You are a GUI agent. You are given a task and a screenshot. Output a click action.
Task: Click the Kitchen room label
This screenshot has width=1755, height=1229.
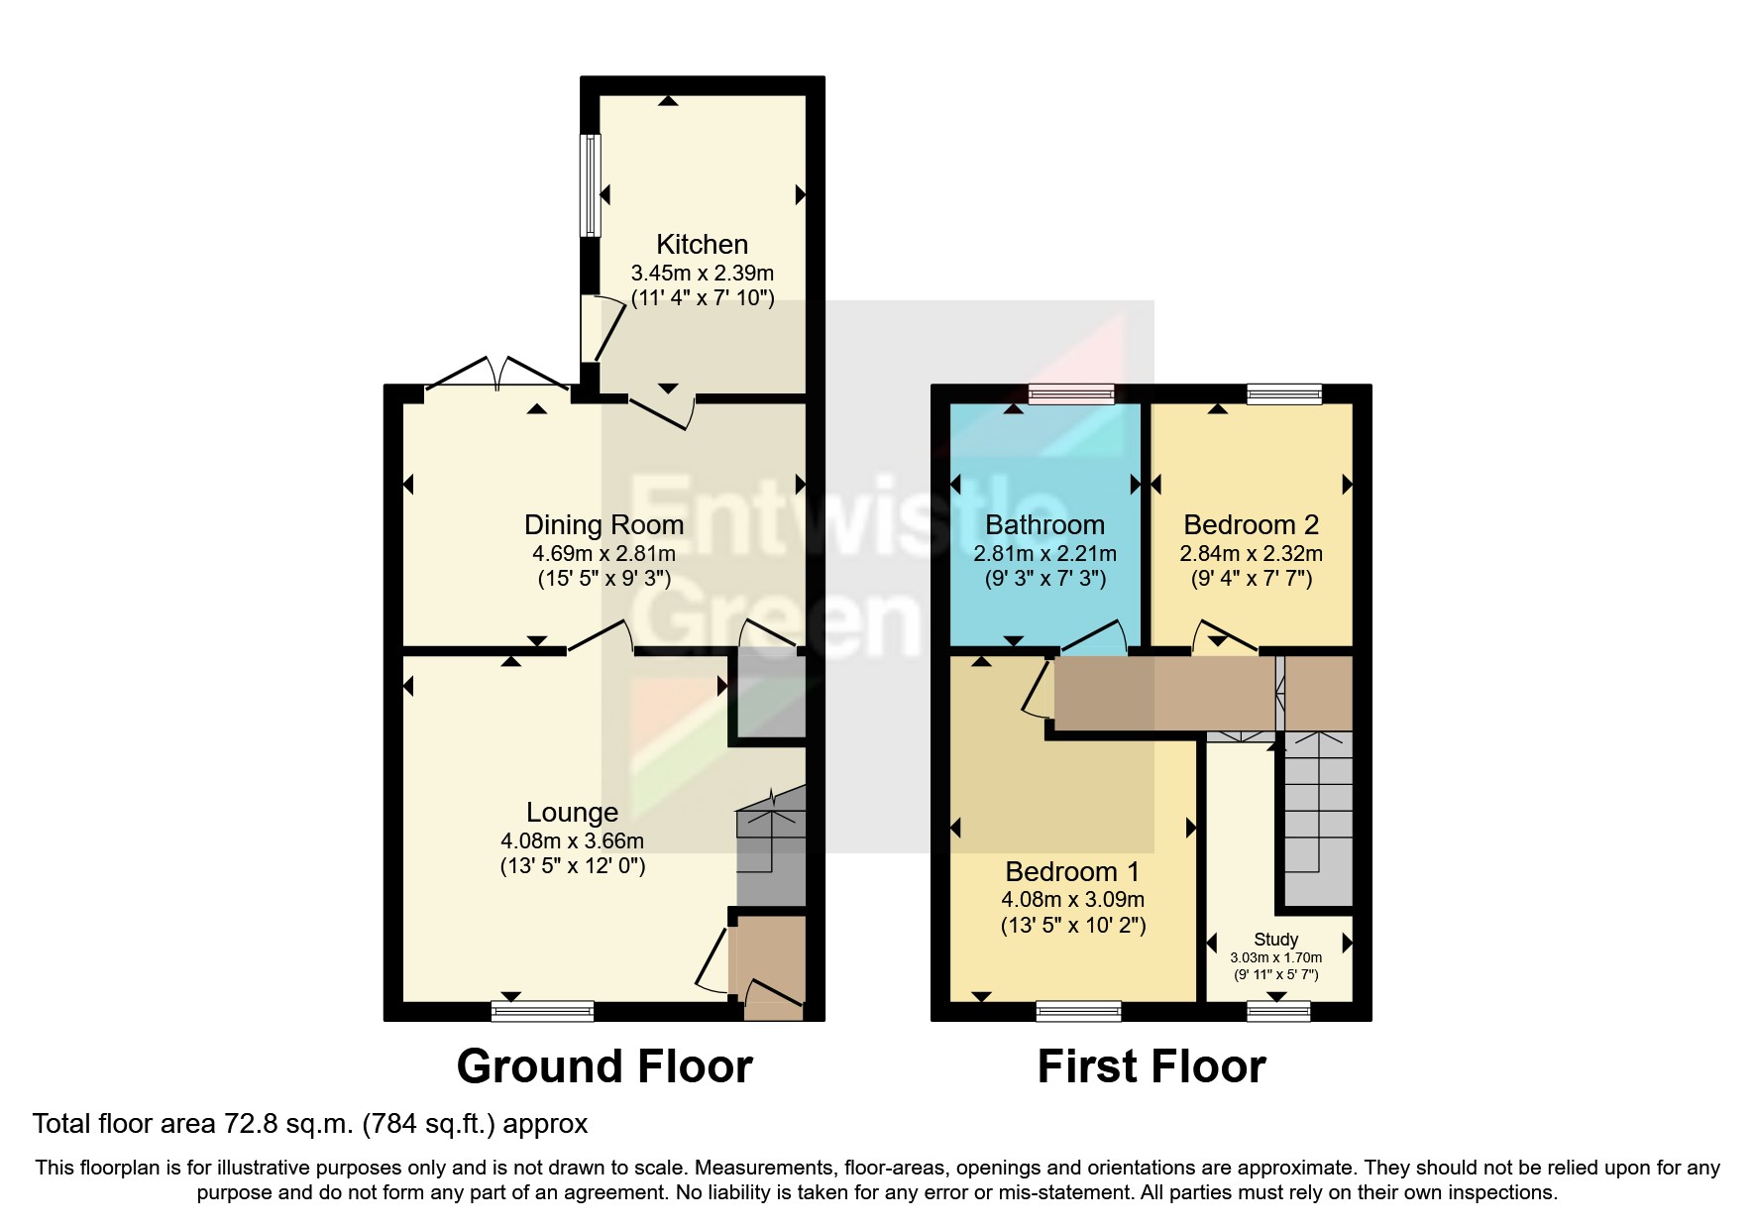(702, 244)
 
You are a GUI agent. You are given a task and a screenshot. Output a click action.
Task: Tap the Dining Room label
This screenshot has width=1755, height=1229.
(603, 524)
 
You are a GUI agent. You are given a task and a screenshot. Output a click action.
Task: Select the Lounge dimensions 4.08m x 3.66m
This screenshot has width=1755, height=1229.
(572, 840)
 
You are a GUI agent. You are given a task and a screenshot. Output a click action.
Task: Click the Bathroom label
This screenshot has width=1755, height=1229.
(1044, 524)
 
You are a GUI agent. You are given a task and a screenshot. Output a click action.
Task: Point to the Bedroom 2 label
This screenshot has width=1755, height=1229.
(1251, 524)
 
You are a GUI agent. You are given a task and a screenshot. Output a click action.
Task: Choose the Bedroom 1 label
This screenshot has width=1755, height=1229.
(1072, 871)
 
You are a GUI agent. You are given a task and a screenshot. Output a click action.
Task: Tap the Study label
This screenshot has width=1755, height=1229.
(1275, 939)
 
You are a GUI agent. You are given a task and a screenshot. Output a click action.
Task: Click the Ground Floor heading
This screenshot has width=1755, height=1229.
(603, 1066)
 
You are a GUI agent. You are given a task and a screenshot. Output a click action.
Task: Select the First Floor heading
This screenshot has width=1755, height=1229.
(1152, 1066)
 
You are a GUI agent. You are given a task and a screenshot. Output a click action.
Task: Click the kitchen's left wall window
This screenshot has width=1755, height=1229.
(591, 185)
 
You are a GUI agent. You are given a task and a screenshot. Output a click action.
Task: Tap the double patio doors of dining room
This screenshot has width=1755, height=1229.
(497, 378)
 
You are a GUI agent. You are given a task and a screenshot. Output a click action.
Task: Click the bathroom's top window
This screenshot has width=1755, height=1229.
(1071, 394)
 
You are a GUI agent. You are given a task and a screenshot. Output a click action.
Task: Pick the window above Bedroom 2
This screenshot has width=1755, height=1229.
(1284, 394)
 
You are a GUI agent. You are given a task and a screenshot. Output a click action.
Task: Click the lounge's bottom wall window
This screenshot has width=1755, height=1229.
(542, 1011)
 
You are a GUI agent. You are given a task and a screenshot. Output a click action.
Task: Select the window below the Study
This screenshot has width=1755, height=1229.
(1278, 1011)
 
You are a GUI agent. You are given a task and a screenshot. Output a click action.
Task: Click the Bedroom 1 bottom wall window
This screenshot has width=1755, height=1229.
(1078, 1011)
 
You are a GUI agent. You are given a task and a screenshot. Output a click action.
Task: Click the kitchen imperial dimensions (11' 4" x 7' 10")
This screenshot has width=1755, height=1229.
(702, 297)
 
